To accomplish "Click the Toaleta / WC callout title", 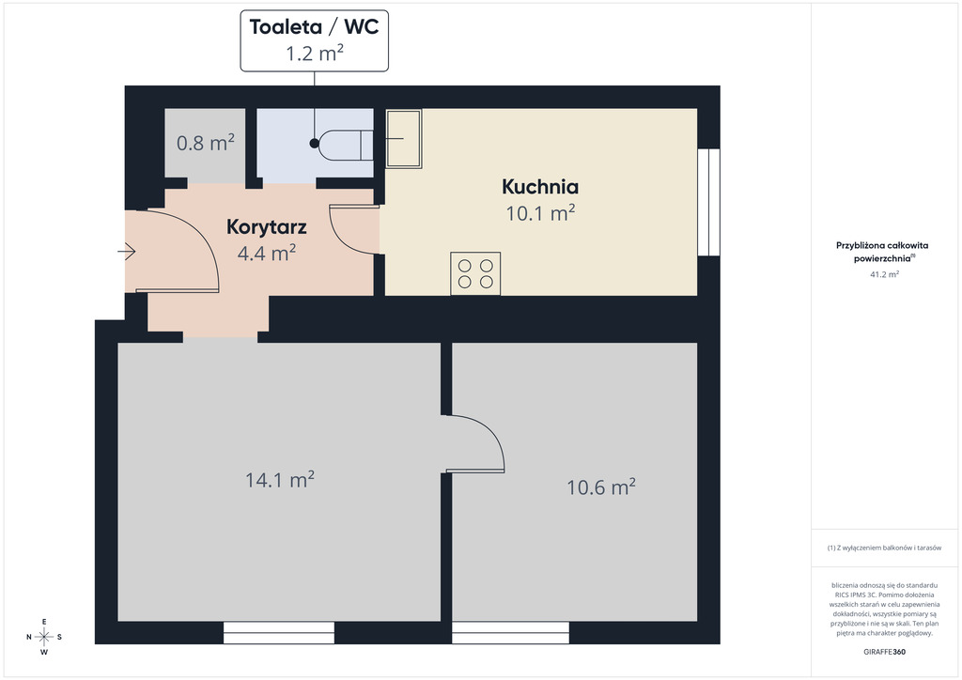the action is pyautogui.click(x=314, y=27).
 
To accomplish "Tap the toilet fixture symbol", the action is pyautogui.click(x=348, y=145).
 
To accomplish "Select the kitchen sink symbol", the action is pyautogui.click(x=403, y=139).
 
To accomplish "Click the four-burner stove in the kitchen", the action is pyautogui.click(x=475, y=273).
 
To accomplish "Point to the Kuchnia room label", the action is pyautogui.click(x=540, y=186).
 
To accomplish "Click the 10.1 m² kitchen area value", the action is pyautogui.click(x=540, y=213).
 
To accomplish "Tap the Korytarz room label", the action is pyautogui.click(x=266, y=227).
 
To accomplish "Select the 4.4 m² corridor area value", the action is pyautogui.click(x=266, y=253).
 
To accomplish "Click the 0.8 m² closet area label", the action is pyautogui.click(x=206, y=143).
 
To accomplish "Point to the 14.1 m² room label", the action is pyautogui.click(x=280, y=480).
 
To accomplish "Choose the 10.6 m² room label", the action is pyautogui.click(x=600, y=487).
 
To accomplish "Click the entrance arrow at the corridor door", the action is pyautogui.click(x=127, y=252).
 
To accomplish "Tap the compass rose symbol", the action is pyautogui.click(x=44, y=637).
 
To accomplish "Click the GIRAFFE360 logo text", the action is pyautogui.click(x=884, y=652).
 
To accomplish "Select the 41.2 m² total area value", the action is pyautogui.click(x=884, y=274).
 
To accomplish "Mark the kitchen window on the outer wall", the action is pyautogui.click(x=708, y=202).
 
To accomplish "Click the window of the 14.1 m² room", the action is pyautogui.click(x=278, y=633).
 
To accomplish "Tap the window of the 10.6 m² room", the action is pyautogui.click(x=510, y=633).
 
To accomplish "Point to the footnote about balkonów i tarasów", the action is pyautogui.click(x=884, y=548).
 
